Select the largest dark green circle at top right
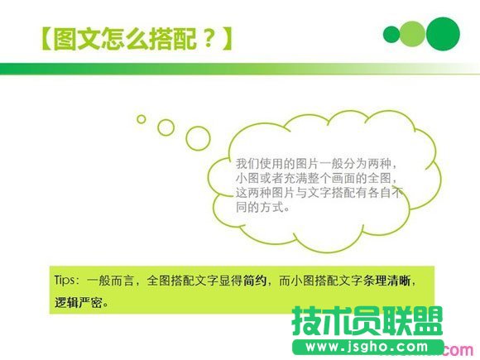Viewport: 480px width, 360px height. tap(443, 33)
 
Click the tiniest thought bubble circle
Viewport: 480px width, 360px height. tap(142, 119)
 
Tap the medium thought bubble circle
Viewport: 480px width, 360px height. tap(166, 127)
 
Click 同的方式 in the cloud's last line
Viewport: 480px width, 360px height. tap(262, 209)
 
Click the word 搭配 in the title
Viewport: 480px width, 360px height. tap(170, 38)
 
